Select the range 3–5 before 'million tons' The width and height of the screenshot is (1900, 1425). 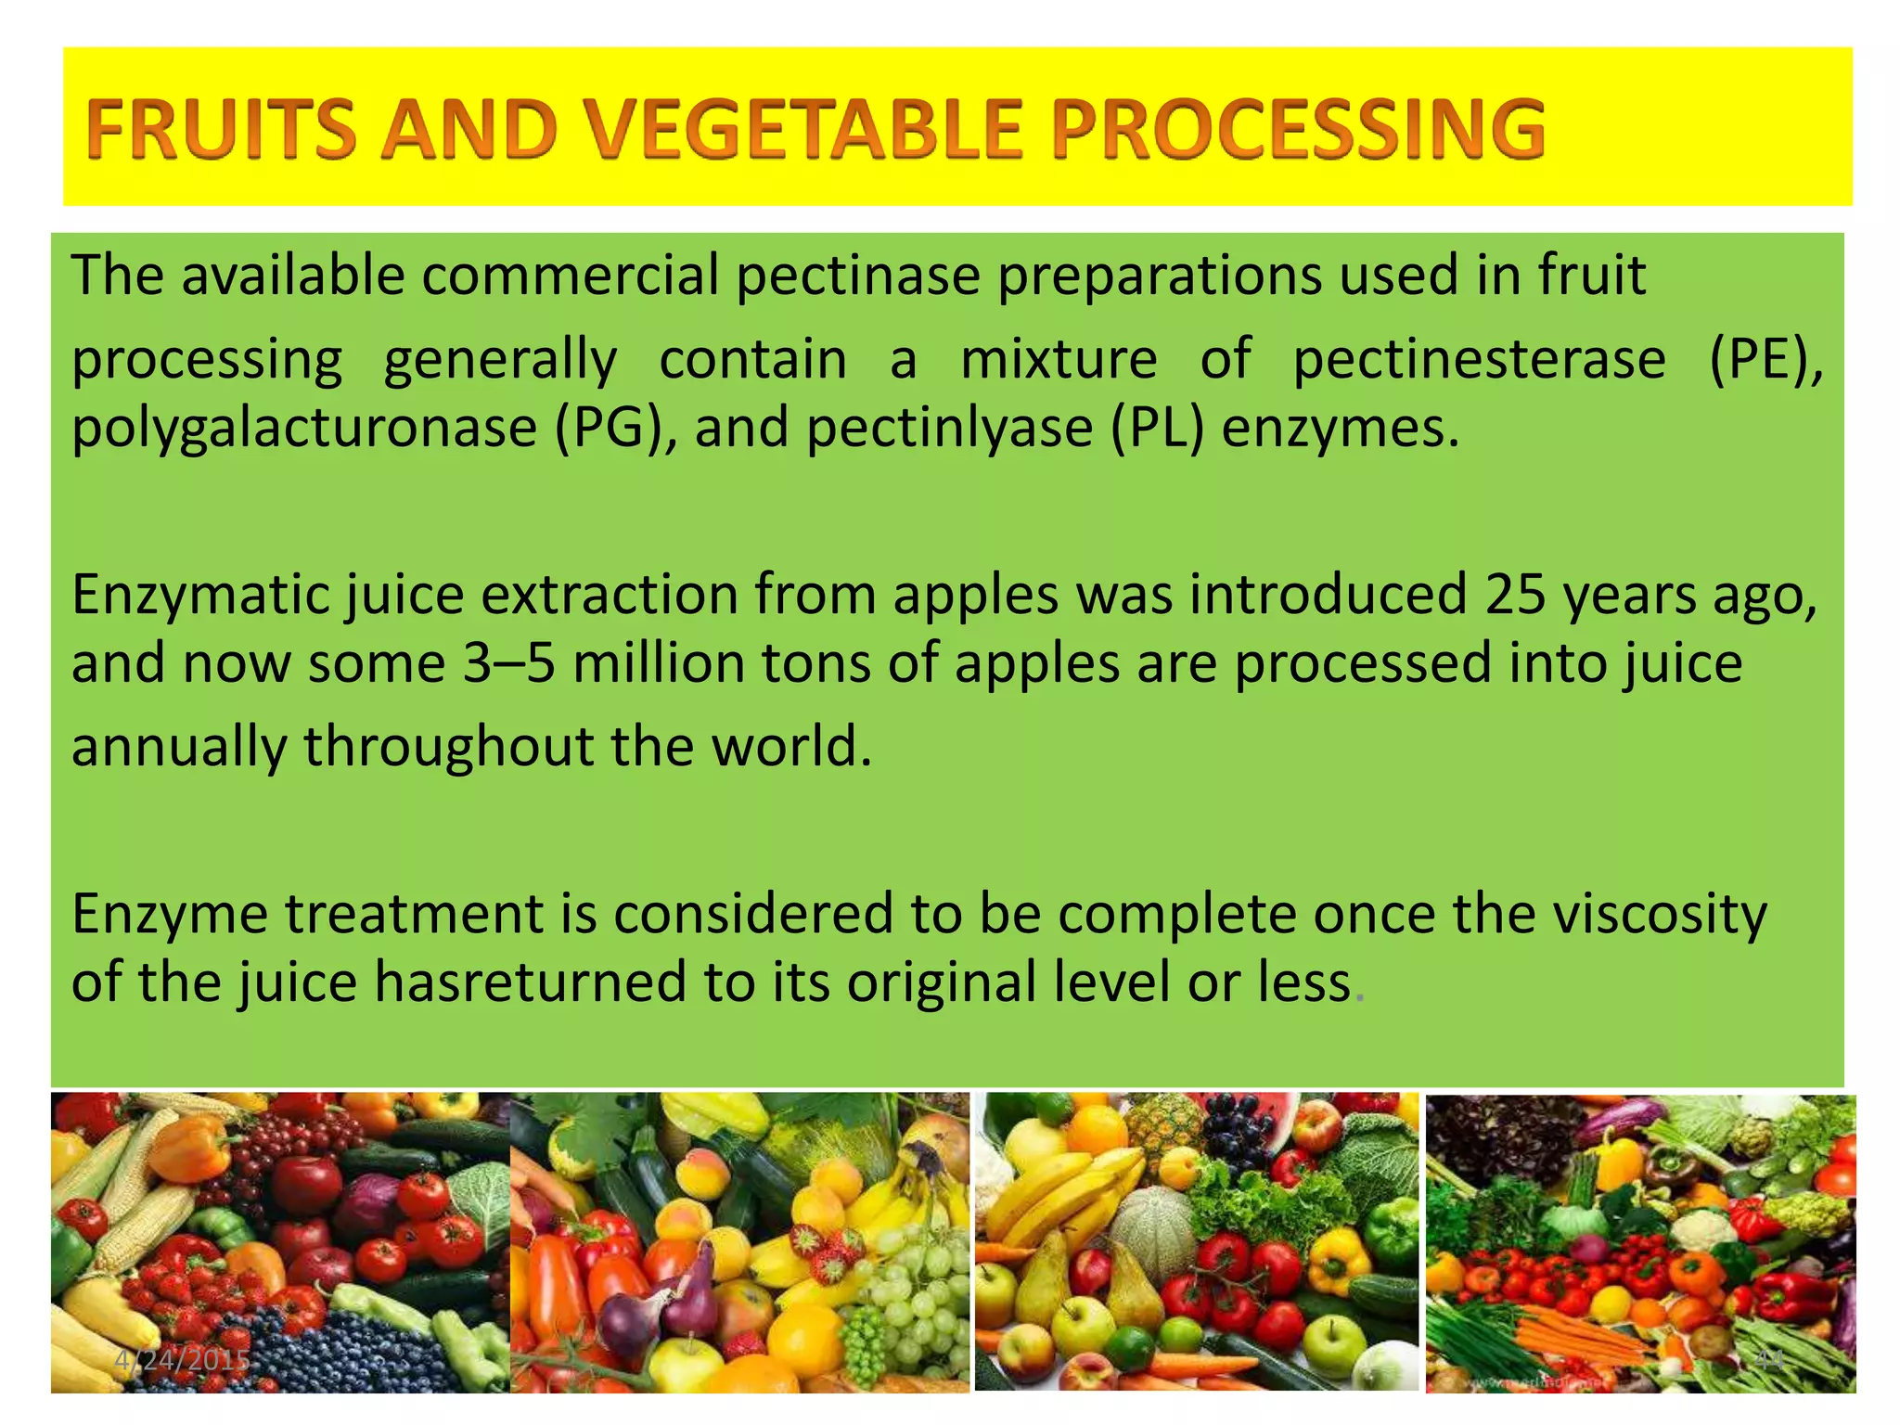tap(510, 664)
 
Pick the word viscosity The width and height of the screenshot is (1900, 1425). tap(1660, 914)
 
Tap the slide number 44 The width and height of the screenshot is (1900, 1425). tap(1770, 1361)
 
